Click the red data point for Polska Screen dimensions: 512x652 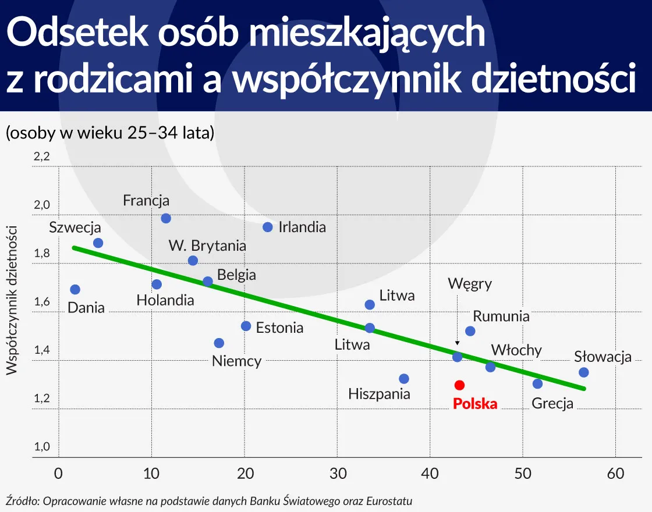(x=459, y=385)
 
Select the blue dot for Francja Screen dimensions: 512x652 (x=166, y=218)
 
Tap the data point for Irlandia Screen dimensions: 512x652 (x=268, y=227)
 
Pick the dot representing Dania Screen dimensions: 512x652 (x=75, y=289)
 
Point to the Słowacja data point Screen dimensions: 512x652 (x=584, y=372)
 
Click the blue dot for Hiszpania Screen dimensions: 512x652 (x=404, y=379)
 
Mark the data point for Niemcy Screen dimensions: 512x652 (x=219, y=343)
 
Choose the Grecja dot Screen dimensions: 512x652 (x=538, y=384)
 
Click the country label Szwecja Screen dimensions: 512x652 (x=75, y=227)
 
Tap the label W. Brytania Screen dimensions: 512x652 (x=207, y=246)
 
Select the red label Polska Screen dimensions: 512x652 (x=476, y=404)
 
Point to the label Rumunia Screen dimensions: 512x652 (x=501, y=317)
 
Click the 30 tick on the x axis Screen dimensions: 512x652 (x=338, y=474)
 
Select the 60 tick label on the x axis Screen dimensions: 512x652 (x=616, y=474)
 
